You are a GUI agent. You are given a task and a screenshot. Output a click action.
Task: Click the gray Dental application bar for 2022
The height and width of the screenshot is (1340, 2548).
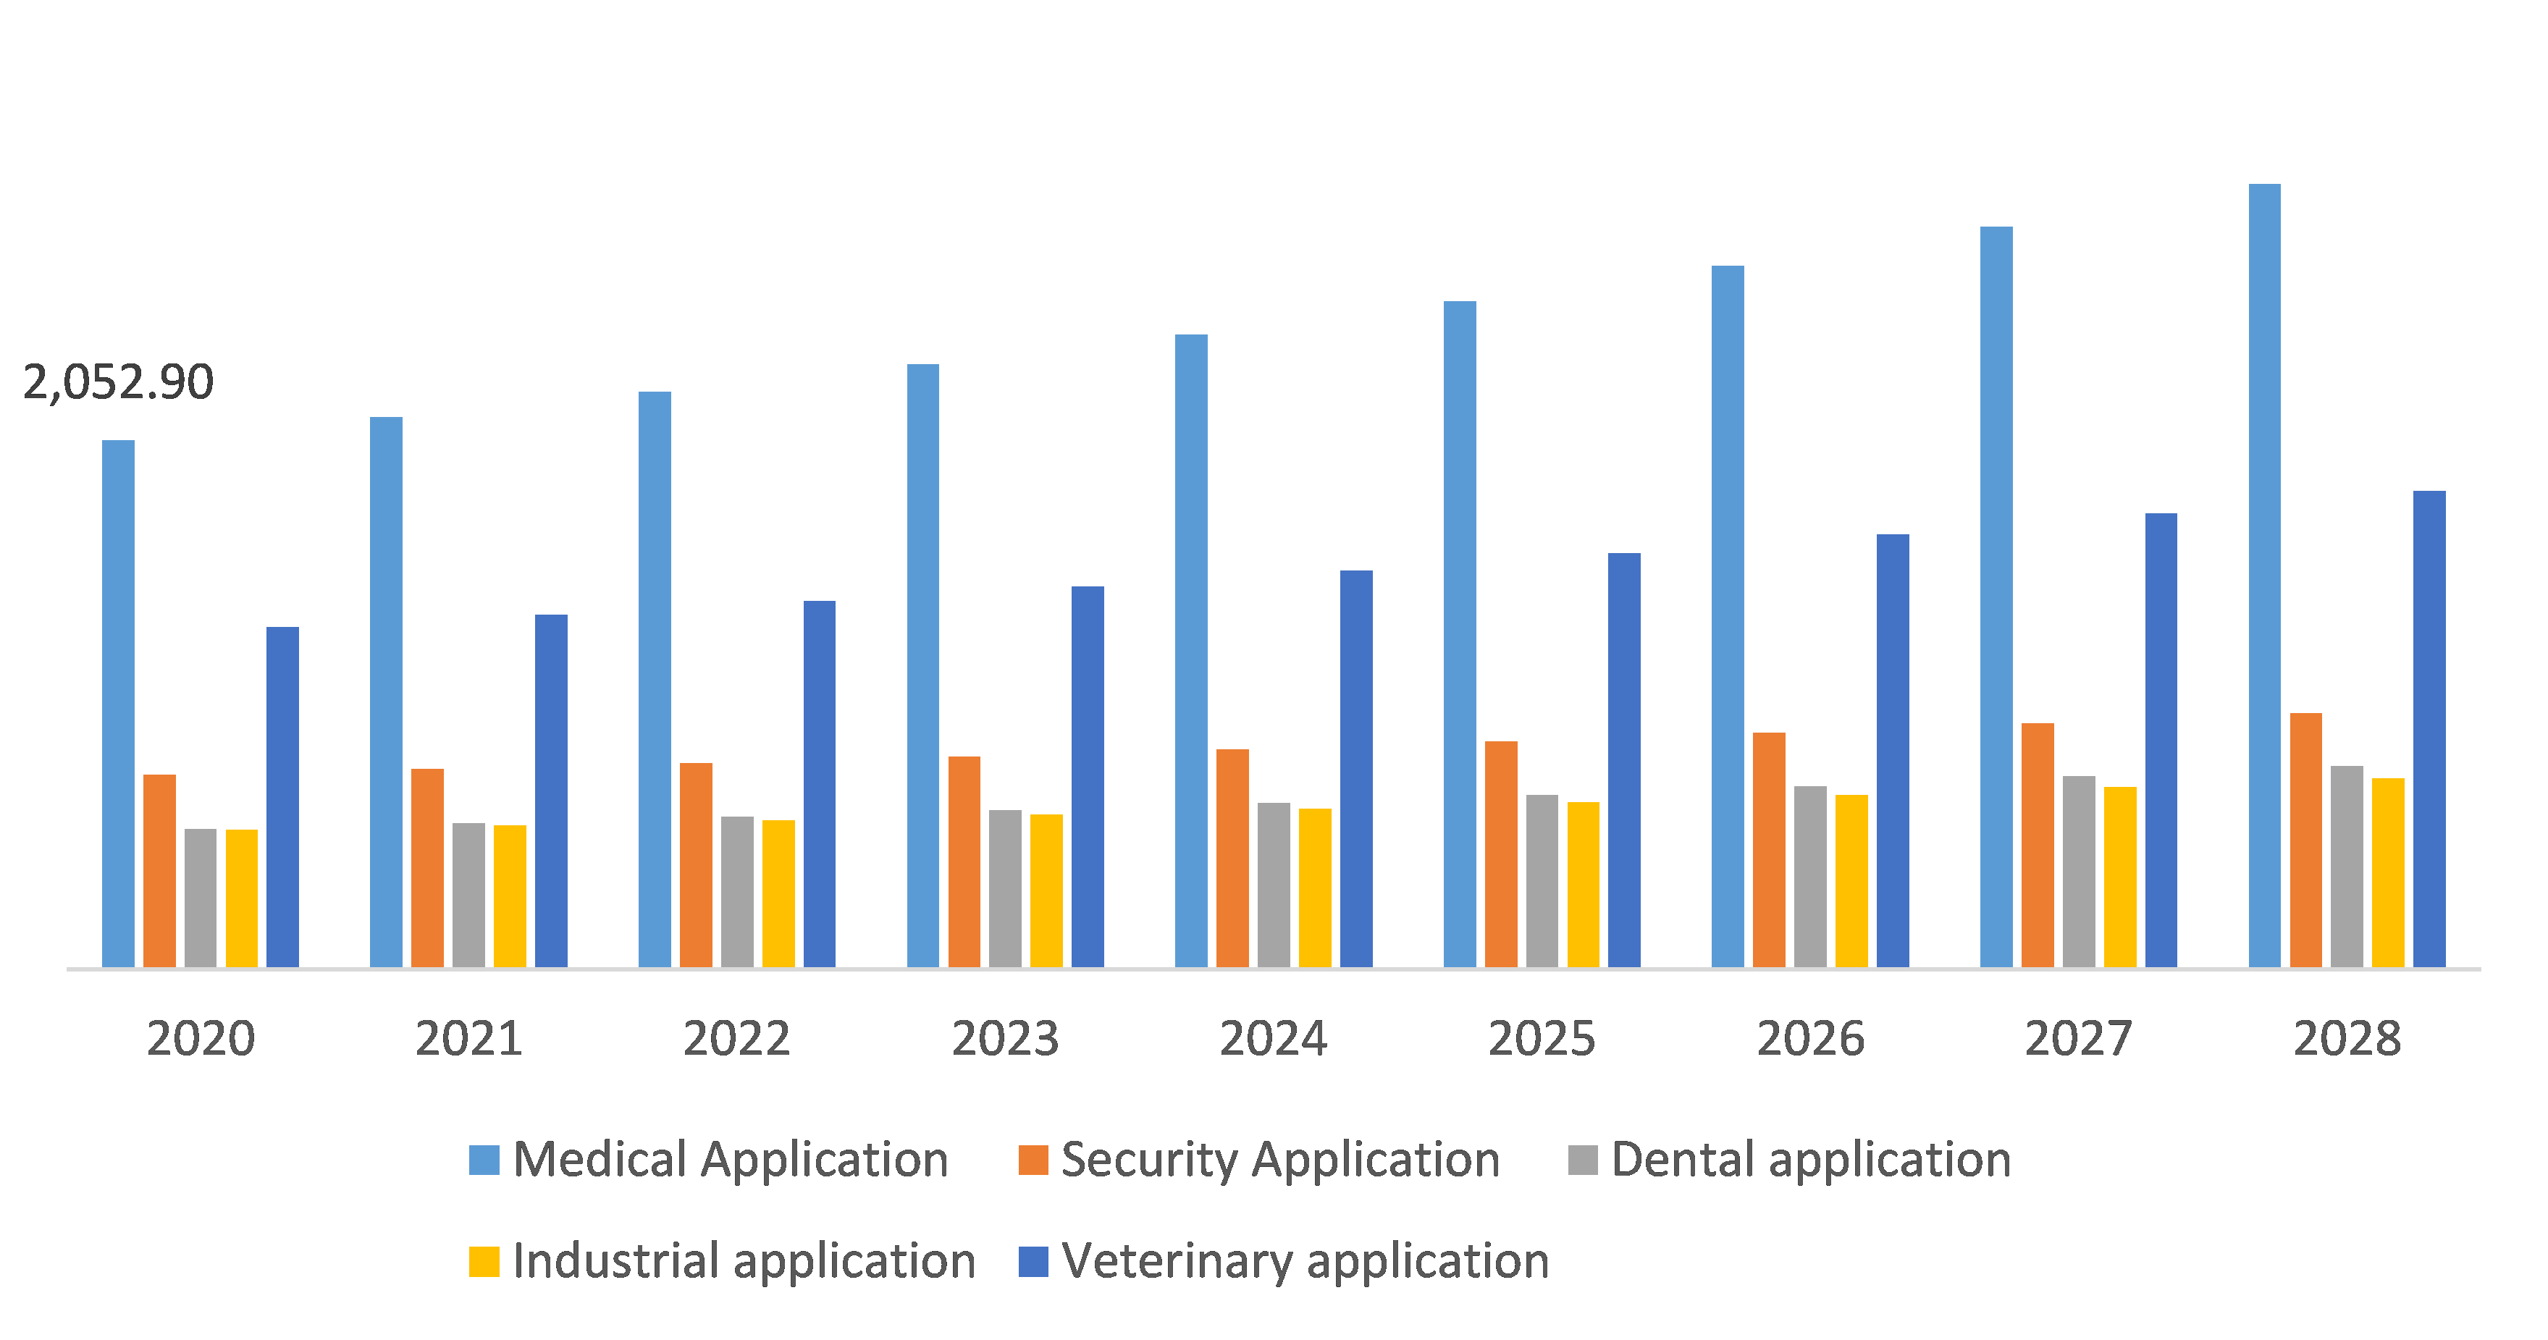click(x=737, y=892)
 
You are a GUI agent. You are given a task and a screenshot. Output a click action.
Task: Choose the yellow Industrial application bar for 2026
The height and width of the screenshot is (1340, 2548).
click(x=1851, y=881)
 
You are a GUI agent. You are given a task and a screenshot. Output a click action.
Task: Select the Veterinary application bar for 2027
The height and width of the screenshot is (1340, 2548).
click(x=2161, y=740)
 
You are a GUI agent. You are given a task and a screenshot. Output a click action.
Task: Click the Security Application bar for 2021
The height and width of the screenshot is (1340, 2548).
click(x=427, y=868)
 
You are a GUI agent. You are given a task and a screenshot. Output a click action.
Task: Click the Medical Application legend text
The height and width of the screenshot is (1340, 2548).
click(x=730, y=1159)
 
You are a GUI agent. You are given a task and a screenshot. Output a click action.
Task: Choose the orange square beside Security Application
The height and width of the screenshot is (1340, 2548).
click(x=1033, y=1160)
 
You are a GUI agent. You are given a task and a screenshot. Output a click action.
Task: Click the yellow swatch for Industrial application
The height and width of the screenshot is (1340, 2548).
click(x=484, y=1262)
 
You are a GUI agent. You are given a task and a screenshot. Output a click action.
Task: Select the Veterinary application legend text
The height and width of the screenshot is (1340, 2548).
click(x=1305, y=1261)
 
